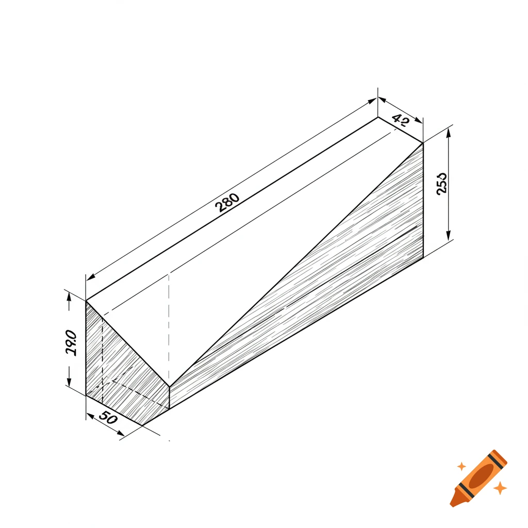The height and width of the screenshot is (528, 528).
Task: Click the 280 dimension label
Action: [x=227, y=203]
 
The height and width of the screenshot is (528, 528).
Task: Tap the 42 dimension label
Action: [x=401, y=121]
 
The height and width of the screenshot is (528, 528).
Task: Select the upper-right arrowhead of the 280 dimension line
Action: [x=372, y=102]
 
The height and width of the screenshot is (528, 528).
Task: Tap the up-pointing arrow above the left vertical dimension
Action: [x=69, y=298]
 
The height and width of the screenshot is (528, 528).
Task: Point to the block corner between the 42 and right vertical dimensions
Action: [x=423, y=143]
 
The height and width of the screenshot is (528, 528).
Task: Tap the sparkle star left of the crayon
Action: [x=461, y=466]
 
